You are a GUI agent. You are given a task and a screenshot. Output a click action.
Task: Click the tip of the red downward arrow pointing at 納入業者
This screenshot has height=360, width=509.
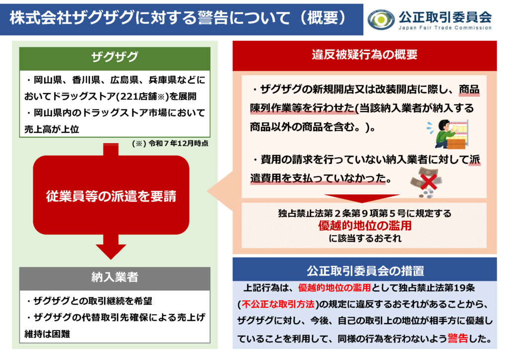[x=111, y=260]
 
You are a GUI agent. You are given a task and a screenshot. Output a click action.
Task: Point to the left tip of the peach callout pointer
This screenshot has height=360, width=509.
[x=208, y=191]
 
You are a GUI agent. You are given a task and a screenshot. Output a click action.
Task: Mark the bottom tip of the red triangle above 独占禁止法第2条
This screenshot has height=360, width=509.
[x=362, y=203]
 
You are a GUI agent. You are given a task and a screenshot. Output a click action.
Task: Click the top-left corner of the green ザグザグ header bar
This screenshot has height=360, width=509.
[x=19, y=48]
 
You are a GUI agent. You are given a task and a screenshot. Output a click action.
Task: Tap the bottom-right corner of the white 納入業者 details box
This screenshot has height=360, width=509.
[x=210, y=343]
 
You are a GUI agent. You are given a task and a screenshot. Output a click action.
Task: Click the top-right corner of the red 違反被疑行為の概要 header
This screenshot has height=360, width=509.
[x=497, y=41]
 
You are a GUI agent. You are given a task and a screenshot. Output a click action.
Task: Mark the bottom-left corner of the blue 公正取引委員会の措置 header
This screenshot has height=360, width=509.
[x=233, y=281]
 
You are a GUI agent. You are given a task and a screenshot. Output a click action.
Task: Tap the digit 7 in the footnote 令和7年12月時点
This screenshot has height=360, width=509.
[x=166, y=144]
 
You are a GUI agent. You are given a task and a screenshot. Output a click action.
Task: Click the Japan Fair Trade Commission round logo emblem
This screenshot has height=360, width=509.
[x=381, y=19]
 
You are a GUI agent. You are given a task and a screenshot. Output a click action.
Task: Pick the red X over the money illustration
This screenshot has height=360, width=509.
[x=428, y=182]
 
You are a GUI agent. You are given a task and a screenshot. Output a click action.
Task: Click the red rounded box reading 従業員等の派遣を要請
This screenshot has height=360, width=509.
[x=111, y=195]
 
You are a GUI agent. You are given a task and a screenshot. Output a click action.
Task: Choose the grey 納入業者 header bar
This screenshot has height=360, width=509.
[x=115, y=278]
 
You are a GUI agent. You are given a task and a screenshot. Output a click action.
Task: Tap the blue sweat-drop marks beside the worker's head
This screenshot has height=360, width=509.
[x=430, y=128]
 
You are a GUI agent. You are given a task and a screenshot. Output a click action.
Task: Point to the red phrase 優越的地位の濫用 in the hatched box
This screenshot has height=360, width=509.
[x=364, y=225]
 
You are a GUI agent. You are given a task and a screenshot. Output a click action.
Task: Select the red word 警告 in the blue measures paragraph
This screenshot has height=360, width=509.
[x=458, y=338]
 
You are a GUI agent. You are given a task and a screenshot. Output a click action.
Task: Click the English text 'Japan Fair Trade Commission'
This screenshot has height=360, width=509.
[x=445, y=28]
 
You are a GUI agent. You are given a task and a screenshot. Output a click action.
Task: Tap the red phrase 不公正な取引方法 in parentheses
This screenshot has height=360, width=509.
[x=278, y=304]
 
